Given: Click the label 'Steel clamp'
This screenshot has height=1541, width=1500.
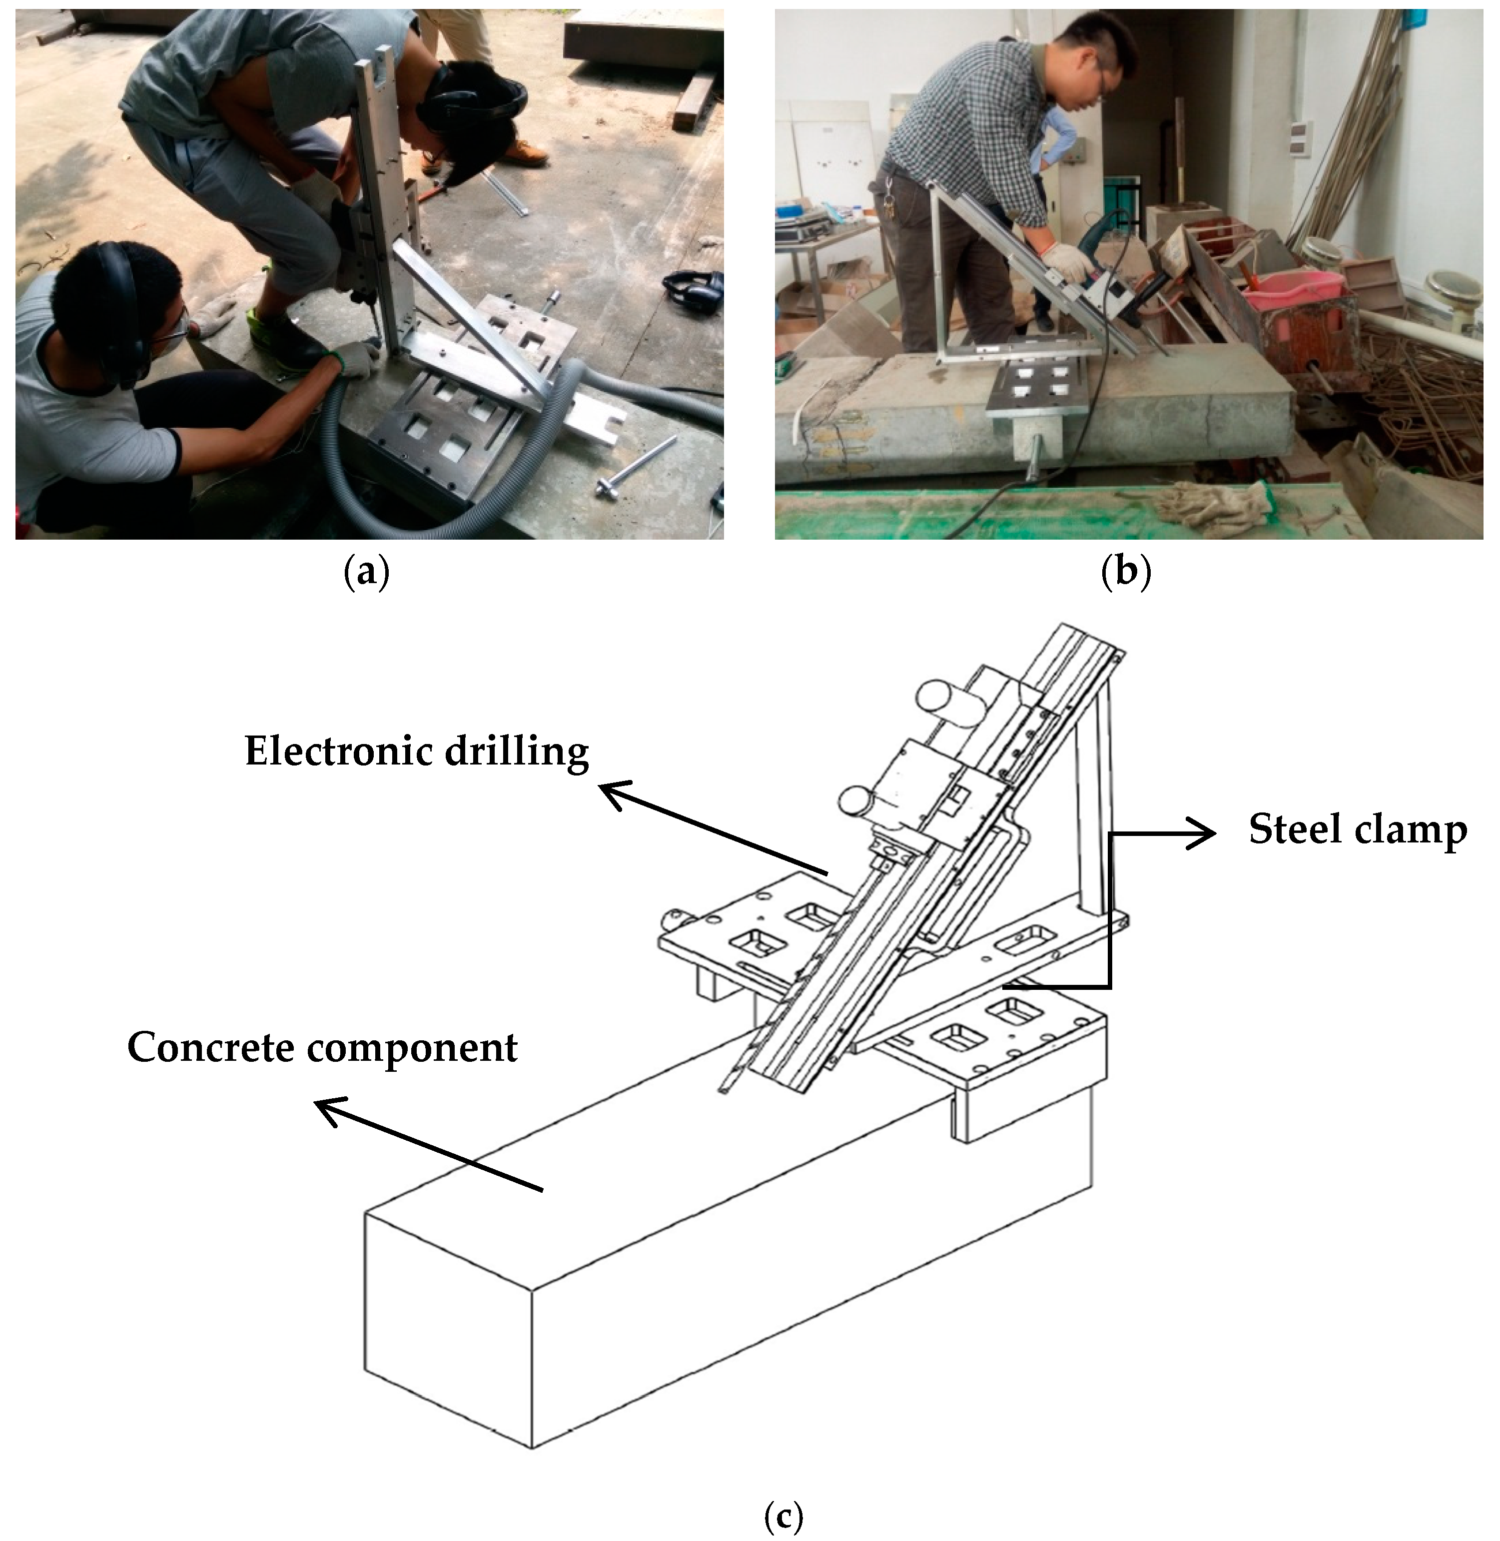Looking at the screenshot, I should point(1358,830).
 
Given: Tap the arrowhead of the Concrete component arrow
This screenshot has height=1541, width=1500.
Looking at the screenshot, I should point(326,1106).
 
